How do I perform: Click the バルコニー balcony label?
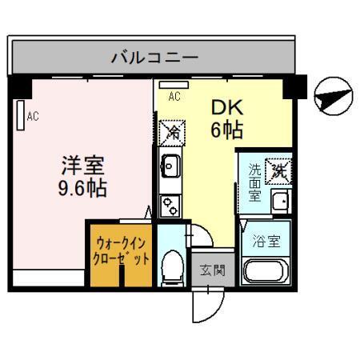click(154, 58)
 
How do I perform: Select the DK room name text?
click(226, 107)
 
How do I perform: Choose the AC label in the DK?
click(174, 97)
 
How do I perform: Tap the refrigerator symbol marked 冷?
click(170, 130)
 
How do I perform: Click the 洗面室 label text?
click(254, 182)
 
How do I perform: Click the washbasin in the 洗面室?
click(279, 201)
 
